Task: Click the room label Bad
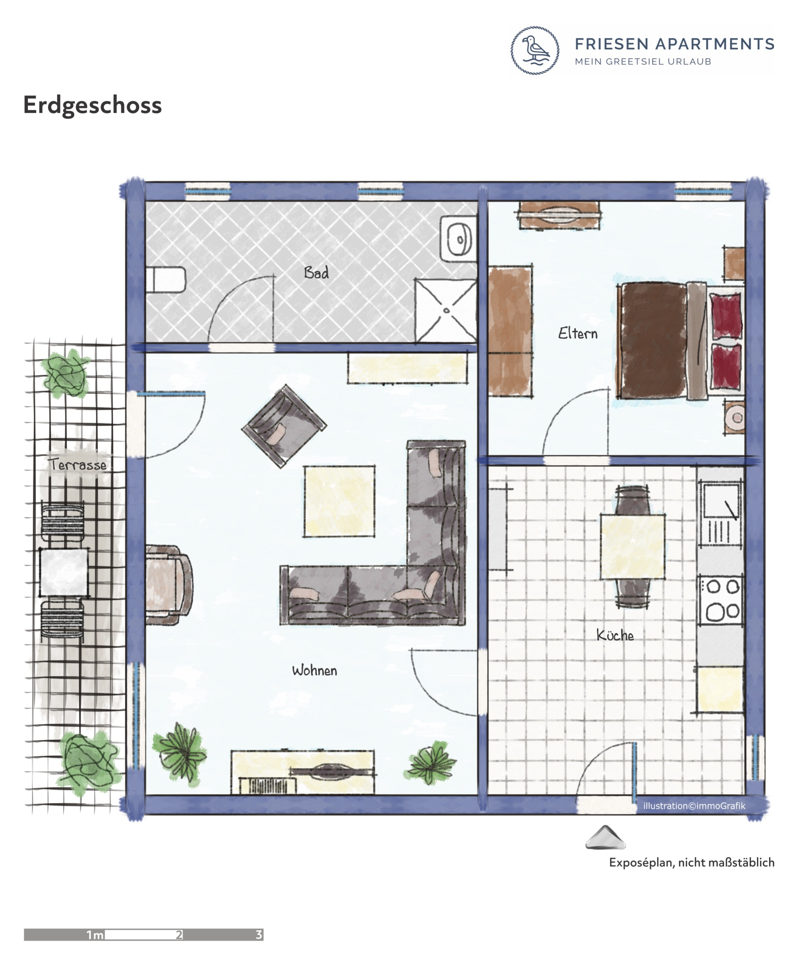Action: coord(316,273)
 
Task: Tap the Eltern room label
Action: coord(578,333)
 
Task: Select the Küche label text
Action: coord(615,635)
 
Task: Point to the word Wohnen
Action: coord(314,670)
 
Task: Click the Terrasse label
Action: coord(78,464)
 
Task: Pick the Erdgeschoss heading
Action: coord(92,105)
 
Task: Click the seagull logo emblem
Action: coord(535,50)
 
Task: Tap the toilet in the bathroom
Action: coord(165,279)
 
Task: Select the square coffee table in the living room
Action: coord(339,501)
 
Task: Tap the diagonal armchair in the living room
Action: coord(284,426)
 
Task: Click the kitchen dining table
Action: coord(632,546)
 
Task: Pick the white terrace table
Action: coord(64,572)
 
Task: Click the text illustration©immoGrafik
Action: coord(694,806)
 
